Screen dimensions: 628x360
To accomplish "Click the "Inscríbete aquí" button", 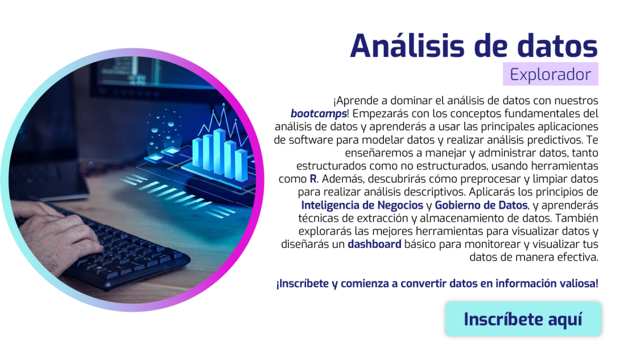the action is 523,319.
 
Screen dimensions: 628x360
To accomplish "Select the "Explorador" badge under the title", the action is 550,74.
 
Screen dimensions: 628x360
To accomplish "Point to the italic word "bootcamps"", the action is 318,113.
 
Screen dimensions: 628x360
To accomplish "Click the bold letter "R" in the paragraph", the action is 313,178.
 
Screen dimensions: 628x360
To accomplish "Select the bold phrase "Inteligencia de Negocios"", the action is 362,205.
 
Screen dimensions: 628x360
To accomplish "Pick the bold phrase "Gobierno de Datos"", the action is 481,205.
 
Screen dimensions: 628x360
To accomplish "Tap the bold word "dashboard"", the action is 375,244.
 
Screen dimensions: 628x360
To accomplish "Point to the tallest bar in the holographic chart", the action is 220,151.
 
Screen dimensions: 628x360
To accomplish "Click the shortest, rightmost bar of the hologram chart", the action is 242,165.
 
